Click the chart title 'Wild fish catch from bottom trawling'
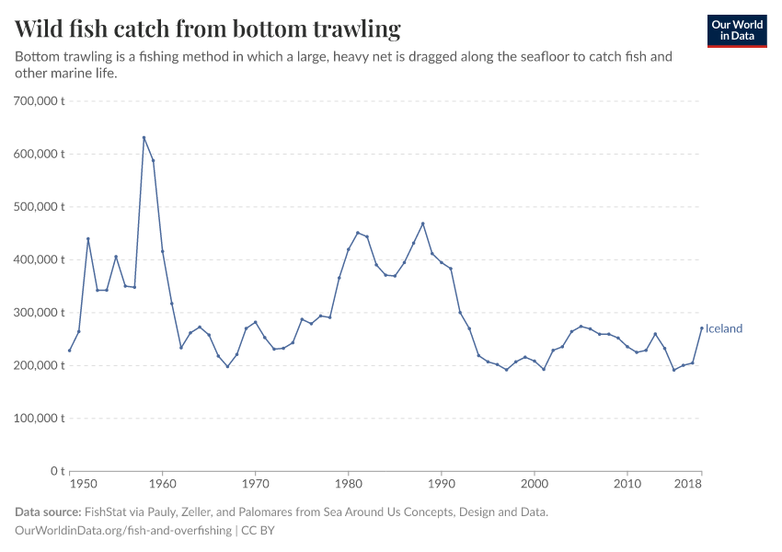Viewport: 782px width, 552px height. (208, 29)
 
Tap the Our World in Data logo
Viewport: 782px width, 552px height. (736, 30)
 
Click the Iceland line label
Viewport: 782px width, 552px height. (724, 328)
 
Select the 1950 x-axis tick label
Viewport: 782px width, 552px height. (82, 484)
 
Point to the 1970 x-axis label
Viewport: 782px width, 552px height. (255, 484)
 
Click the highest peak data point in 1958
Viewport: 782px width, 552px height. (144, 137)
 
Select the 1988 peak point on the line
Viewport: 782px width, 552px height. (422, 224)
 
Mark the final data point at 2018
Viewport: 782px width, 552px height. (701, 328)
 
